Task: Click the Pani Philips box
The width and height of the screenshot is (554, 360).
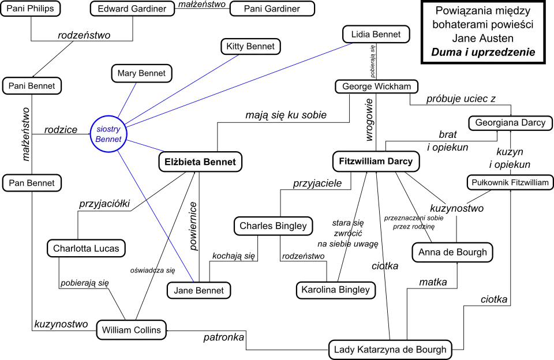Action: [30, 9]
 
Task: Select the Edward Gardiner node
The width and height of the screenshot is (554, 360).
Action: [132, 9]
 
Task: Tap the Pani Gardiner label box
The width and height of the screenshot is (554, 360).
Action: [272, 9]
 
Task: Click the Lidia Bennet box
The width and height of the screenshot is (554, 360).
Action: [376, 35]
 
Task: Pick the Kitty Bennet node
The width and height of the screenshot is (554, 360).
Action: [251, 47]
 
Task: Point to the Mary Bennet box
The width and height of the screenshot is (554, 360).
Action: [141, 73]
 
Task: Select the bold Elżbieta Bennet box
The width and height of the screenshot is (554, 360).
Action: [200, 162]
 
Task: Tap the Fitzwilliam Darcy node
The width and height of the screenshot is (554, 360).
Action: [376, 162]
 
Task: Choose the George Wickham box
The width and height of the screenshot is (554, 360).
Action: [376, 87]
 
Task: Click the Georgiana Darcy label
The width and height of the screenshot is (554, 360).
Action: [510, 123]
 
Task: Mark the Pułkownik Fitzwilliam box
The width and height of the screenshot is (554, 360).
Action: [510, 183]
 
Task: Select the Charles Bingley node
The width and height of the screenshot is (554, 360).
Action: [273, 226]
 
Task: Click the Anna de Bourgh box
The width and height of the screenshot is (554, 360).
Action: [452, 252]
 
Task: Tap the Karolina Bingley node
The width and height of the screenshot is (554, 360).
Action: [336, 290]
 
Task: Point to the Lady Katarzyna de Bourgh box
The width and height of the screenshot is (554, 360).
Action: [390, 350]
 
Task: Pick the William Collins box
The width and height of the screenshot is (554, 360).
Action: [132, 331]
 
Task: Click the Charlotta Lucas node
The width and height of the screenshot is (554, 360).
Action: [86, 249]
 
